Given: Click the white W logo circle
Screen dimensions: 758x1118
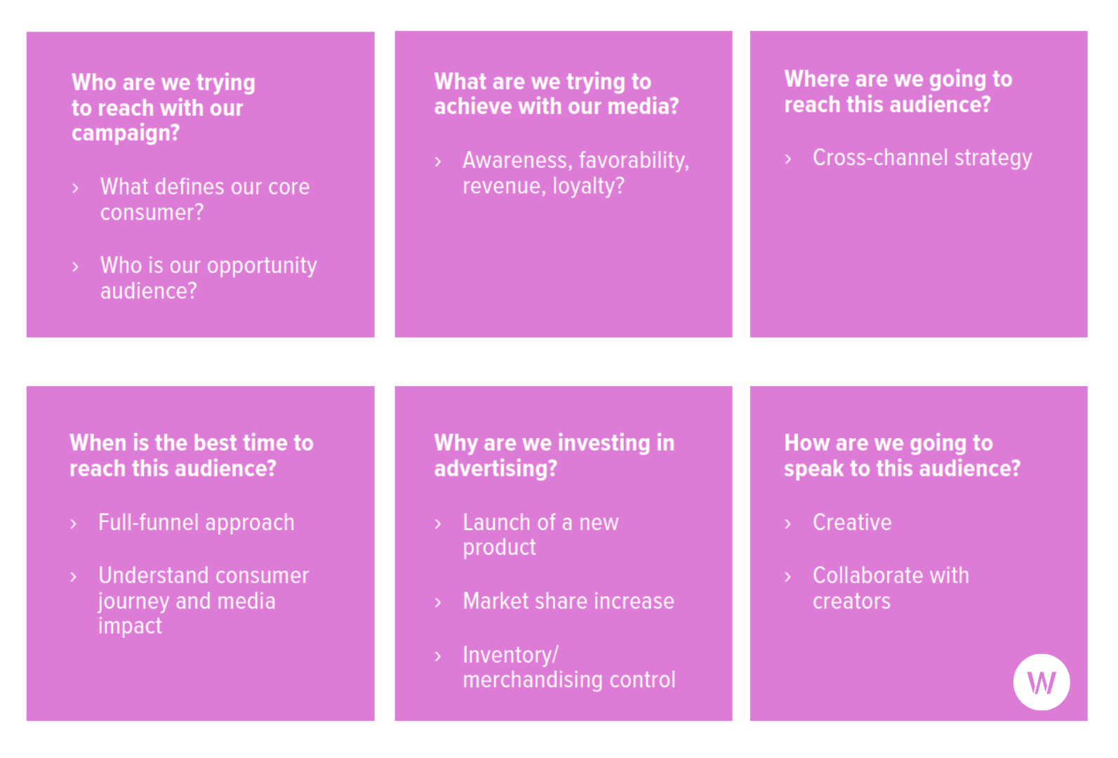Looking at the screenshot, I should [1041, 681].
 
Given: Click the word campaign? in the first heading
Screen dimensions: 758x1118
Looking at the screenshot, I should [126, 133].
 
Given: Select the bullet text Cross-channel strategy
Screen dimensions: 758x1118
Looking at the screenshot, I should [921, 158].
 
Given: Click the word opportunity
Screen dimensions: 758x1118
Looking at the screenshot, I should [262, 267].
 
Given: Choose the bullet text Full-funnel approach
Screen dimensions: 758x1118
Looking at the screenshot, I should [196, 523].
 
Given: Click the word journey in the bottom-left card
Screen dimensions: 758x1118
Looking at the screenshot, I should [133, 601].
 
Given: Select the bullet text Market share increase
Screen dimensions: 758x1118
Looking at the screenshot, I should [568, 601].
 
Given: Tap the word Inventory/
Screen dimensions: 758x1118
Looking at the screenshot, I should [510, 655].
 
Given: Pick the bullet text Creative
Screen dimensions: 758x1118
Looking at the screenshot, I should [851, 523].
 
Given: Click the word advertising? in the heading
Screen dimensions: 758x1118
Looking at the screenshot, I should [495, 469].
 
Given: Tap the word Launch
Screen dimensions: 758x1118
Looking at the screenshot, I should [496, 523].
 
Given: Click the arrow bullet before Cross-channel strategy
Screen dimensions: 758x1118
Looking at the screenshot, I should [788, 159].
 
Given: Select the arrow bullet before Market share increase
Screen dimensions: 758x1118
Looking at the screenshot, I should [438, 602].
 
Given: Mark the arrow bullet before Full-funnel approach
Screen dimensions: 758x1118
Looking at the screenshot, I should [73, 524].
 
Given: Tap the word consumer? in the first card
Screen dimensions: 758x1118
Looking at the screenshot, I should [152, 213].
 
